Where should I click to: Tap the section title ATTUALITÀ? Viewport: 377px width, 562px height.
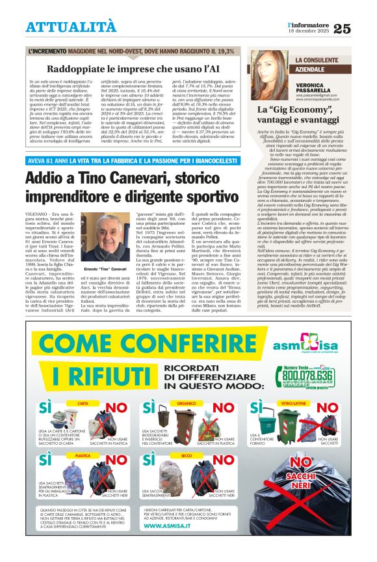pyautogui.click(x=71, y=27)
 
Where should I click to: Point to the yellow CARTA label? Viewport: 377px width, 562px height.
pyautogui.click(x=83, y=404)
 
